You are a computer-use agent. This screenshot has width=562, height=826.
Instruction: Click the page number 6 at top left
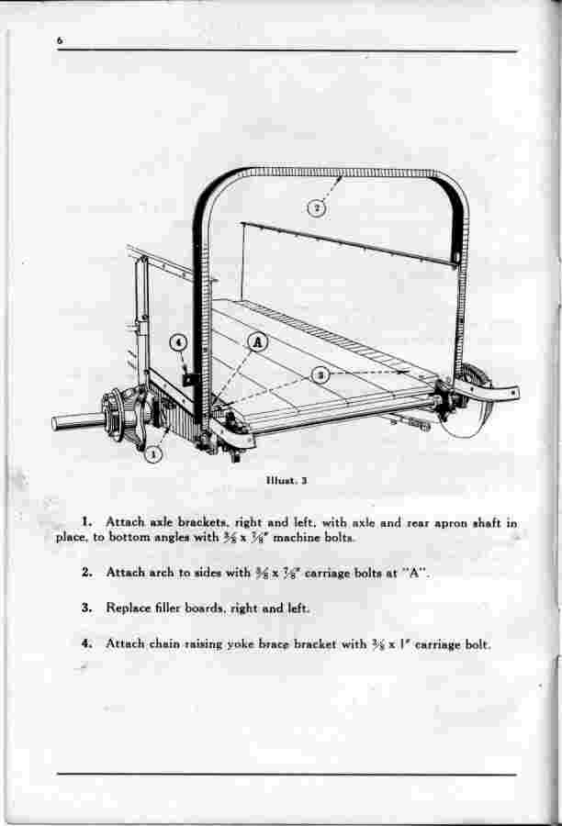60,41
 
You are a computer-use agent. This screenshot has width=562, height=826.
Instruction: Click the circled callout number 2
316,208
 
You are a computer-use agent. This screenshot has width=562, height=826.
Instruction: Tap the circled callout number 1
153,453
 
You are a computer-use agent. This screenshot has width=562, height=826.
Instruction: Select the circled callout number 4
179,343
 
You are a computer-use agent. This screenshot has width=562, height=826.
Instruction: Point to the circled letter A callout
258,343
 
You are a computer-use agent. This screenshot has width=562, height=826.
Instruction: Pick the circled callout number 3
320,375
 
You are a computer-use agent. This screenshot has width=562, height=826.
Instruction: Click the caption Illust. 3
287,480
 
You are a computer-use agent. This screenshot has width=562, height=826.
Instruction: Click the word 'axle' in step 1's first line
162,522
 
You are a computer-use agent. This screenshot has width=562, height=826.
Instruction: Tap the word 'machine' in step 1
296,538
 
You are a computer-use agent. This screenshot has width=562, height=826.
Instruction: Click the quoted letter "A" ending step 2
415,573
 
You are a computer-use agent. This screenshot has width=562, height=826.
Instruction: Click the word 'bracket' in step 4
315,643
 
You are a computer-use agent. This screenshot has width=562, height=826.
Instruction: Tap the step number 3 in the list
86,608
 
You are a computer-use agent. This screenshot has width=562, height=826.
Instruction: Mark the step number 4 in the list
86,643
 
